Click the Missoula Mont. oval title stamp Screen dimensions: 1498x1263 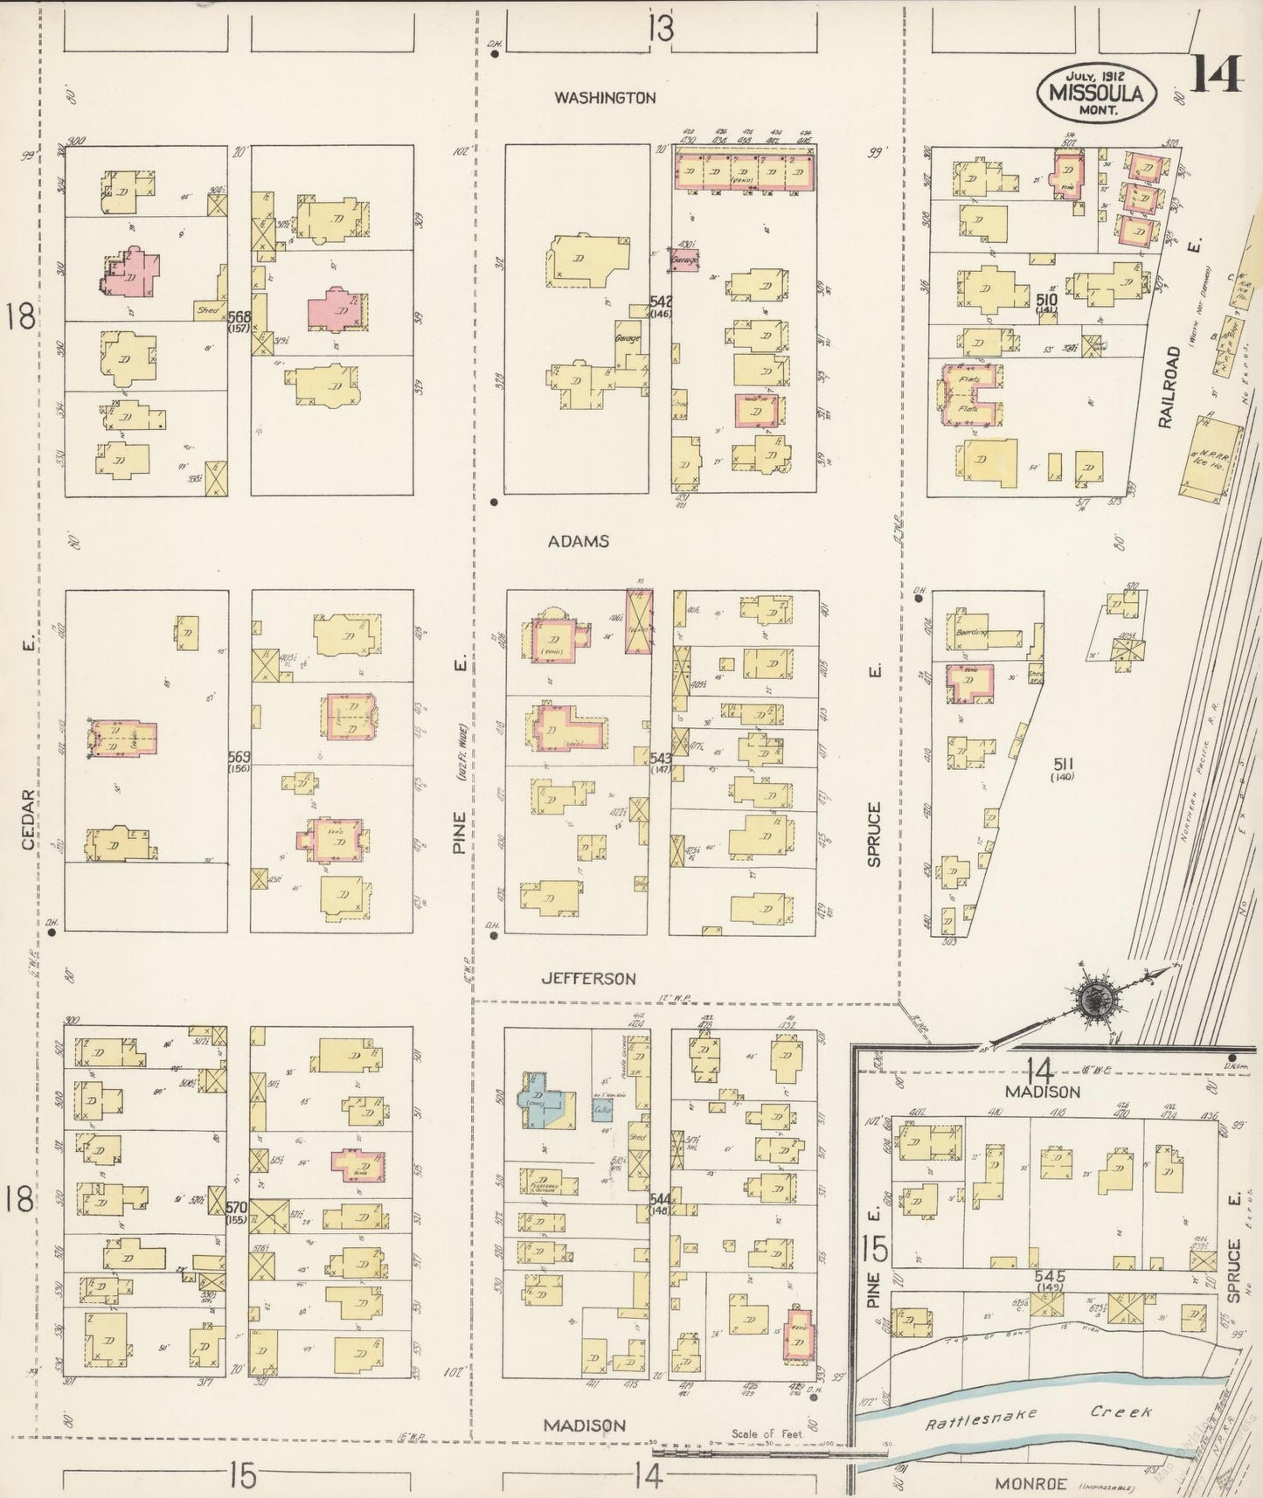[x=1097, y=91]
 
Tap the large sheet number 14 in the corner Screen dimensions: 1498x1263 [x=1214, y=73]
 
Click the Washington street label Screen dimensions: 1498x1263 [x=604, y=98]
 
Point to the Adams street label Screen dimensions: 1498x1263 [x=578, y=541]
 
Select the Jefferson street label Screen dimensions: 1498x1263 [x=588, y=979]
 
